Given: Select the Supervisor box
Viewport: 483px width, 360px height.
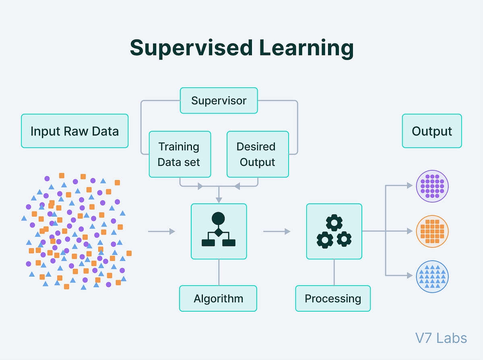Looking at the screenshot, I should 219,100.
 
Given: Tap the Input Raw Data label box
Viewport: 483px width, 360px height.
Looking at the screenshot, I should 74,131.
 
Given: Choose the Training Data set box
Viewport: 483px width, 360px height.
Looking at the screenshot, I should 180,154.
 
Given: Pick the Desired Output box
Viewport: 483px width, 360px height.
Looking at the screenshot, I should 258,154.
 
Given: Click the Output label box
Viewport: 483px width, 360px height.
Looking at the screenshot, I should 432,131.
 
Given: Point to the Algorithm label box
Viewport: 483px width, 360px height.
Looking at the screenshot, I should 218,298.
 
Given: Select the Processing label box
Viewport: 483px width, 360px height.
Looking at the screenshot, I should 332,298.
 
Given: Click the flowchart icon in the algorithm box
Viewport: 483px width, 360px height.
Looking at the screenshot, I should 219,231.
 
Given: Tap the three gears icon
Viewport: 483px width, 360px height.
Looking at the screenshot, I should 334,231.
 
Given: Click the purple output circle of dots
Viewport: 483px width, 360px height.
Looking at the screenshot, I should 432,186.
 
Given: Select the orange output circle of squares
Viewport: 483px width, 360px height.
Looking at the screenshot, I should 432,231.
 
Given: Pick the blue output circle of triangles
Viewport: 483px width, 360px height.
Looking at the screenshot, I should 432,276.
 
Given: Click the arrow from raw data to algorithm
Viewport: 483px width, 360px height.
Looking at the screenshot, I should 161,231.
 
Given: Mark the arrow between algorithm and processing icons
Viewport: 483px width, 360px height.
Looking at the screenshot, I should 277,231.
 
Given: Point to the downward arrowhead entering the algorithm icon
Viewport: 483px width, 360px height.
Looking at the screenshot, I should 219,200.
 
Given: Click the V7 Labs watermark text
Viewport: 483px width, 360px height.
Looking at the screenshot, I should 441,338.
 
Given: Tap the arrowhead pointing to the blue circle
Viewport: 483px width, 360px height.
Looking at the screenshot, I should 410,276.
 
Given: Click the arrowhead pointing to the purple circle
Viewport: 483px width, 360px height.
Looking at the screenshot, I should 410,186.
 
